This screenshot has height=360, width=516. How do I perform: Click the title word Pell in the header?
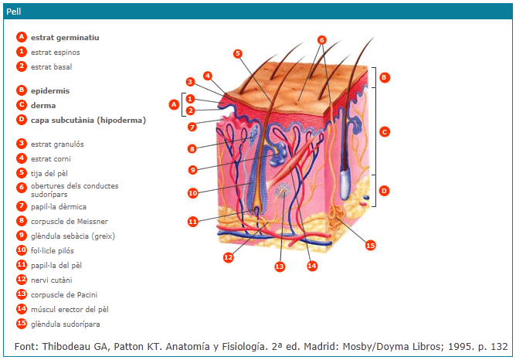coord(13,12)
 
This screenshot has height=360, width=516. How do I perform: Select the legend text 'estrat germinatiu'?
coord(65,37)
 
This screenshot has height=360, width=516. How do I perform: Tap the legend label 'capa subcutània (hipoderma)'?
coord(88,120)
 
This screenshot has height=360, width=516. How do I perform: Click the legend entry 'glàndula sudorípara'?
coord(65,324)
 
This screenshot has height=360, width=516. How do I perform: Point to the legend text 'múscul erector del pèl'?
coord(69,309)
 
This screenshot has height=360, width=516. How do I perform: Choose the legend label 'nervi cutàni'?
coord(52,280)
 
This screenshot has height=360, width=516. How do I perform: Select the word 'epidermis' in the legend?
coord(50,90)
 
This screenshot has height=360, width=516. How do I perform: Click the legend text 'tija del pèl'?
coord(49,173)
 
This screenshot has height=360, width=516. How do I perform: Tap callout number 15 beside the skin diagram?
coord(370,245)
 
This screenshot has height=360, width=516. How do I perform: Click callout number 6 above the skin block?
coord(322,40)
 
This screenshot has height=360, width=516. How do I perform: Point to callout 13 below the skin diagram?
coord(279,267)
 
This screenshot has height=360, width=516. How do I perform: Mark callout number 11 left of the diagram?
coord(192,222)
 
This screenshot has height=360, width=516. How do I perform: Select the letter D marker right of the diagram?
coord(384,190)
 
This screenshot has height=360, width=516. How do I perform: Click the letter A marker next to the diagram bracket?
coord(173,104)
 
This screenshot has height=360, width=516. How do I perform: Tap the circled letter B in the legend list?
coord(22,90)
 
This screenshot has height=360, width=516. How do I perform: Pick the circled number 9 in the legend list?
coord(22,236)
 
